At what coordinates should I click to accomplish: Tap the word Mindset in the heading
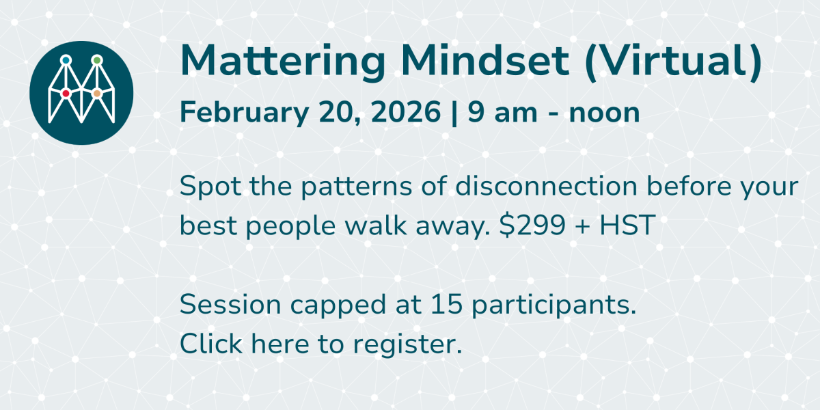click(x=485, y=60)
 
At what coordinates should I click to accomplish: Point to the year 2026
click(x=406, y=112)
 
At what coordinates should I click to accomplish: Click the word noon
click(x=604, y=113)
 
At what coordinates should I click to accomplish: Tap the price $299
click(x=532, y=225)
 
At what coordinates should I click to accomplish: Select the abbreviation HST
click(x=627, y=225)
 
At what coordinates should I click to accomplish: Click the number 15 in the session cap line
click(x=446, y=304)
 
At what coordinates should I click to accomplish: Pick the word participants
click(x=554, y=305)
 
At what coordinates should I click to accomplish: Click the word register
click(x=407, y=345)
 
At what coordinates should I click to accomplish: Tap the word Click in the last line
click(x=211, y=343)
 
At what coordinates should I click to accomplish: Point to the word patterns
click(x=357, y=187)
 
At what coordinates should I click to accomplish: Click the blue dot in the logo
click(x=66, y=60)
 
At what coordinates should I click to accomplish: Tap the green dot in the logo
click(x=97, y=60)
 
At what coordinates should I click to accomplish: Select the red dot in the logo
click(x=66, y=94)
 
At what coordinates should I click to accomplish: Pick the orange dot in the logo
click(x=97, y=94)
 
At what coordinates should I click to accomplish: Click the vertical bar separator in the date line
click(x=454, y=113)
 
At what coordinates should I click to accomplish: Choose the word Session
click(x=230, y=305)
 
